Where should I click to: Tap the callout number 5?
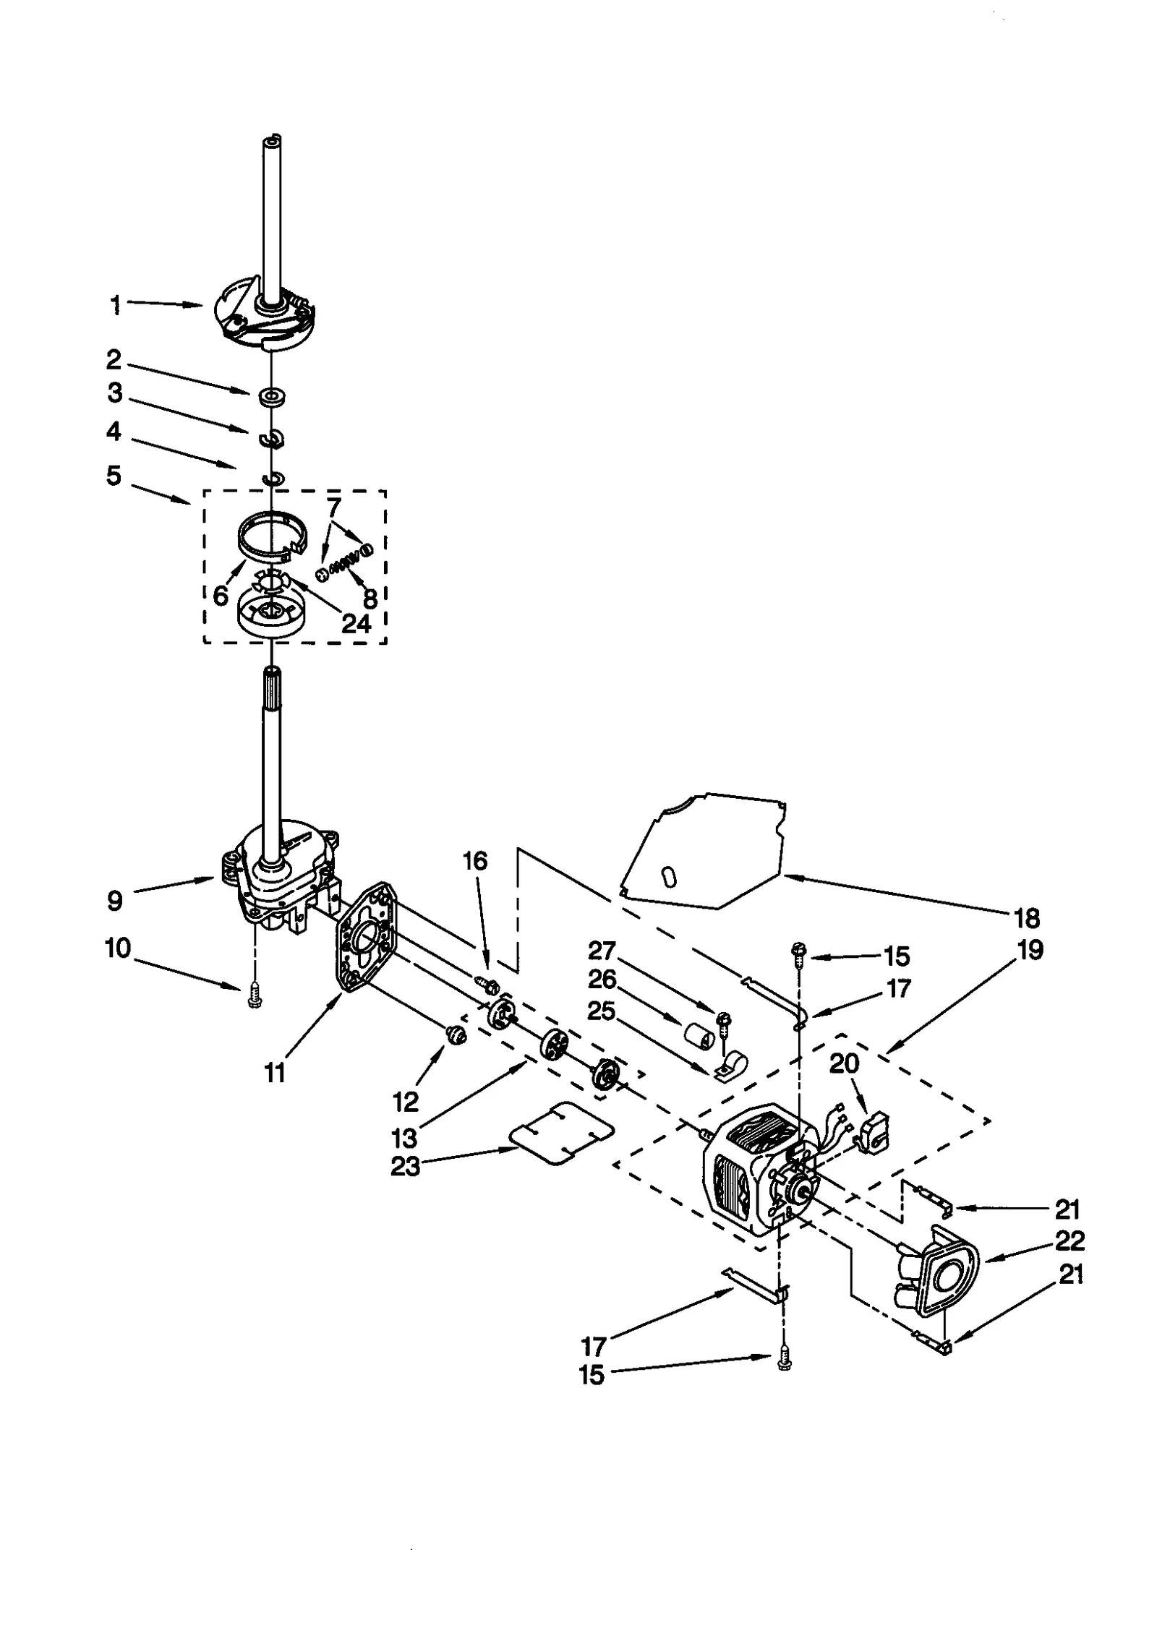click(114, 476)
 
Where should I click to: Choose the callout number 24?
click(357, 623)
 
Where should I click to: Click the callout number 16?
click(475, 861)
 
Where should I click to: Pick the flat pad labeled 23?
click(561, 1133)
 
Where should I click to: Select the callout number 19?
click(1030, 949)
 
